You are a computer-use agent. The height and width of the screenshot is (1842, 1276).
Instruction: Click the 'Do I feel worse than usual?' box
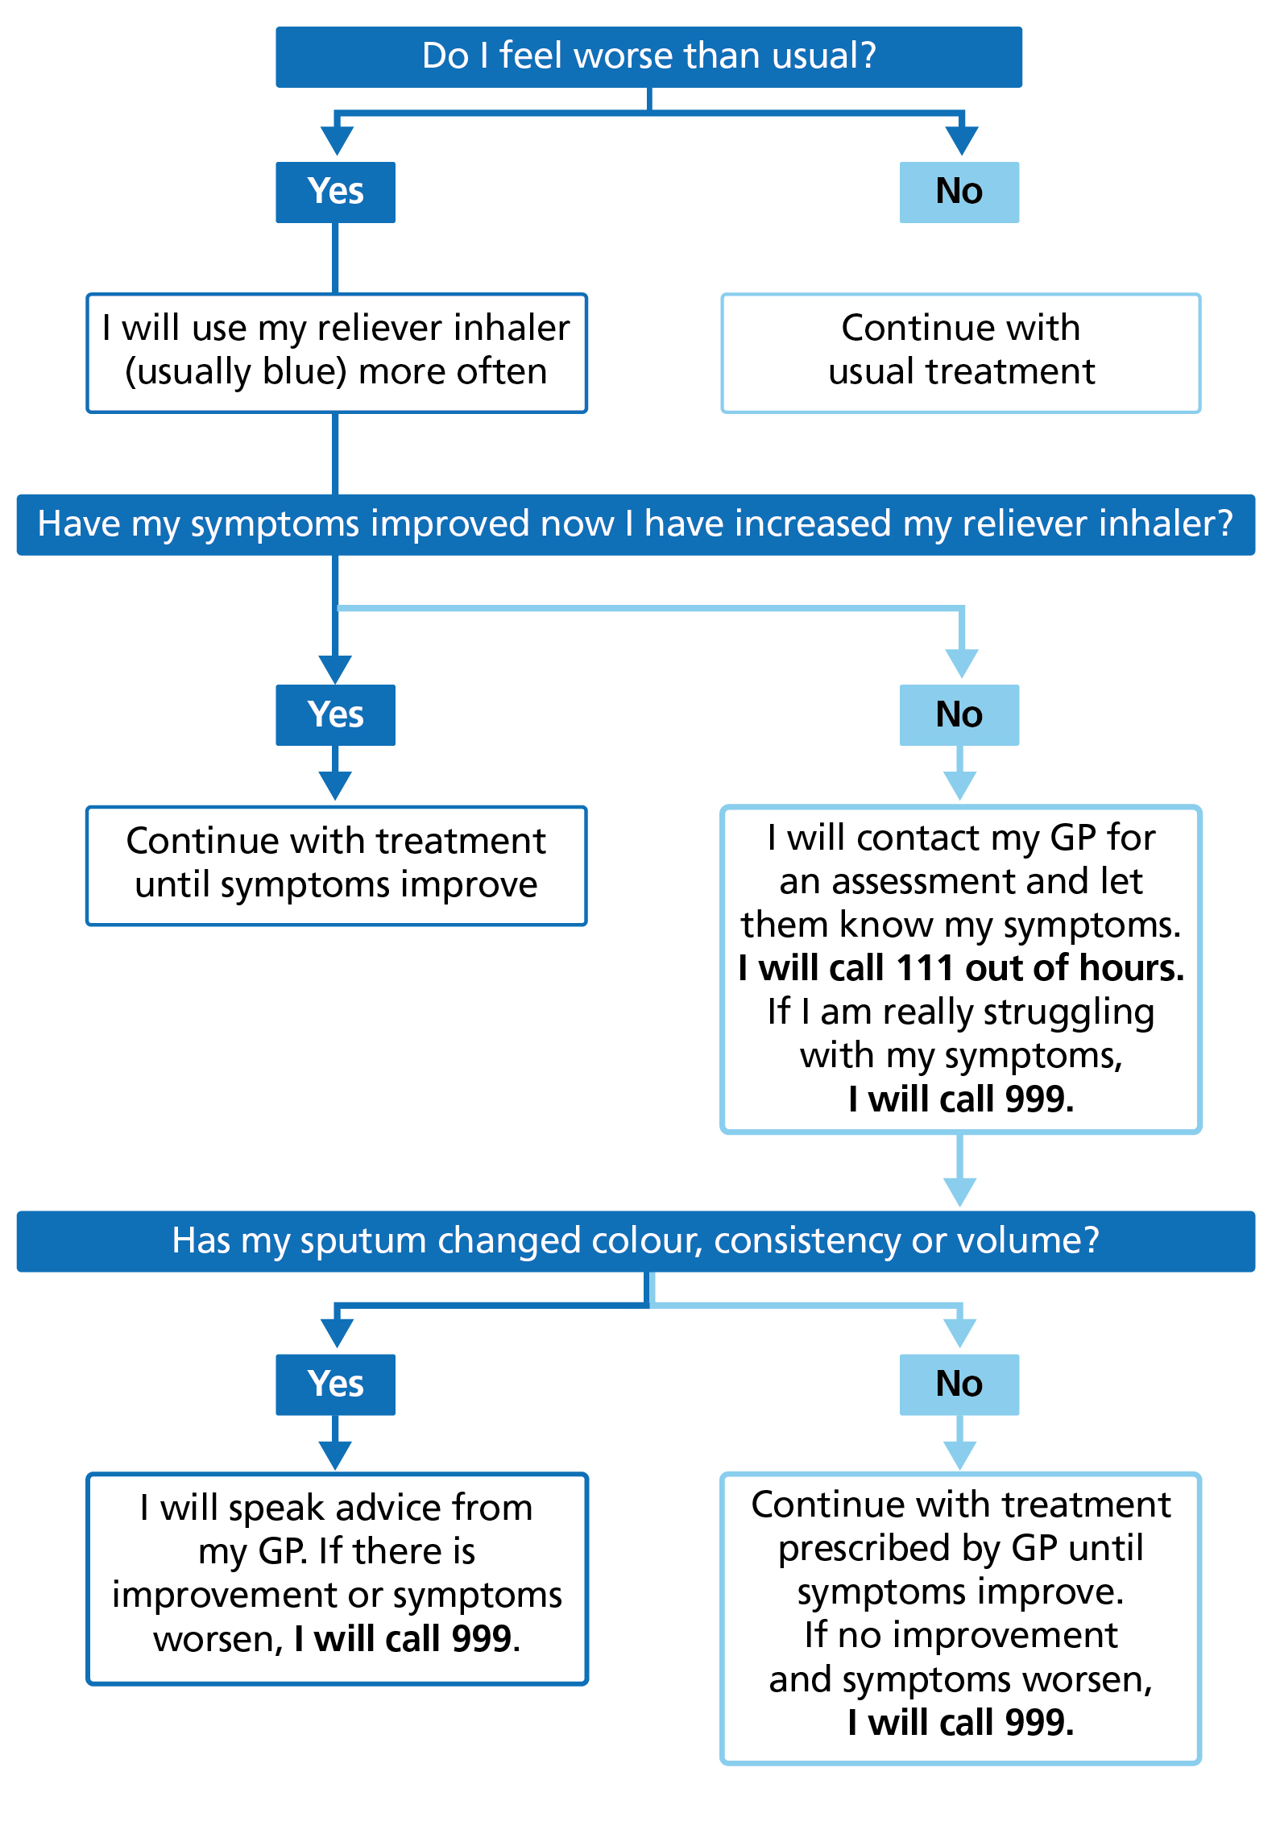tap(648, 56)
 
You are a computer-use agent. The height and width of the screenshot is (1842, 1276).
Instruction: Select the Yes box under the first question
tap(335, 192)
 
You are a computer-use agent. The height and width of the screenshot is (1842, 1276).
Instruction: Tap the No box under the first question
tap(959, 192)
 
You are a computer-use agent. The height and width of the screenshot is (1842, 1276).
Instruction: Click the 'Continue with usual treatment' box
tap(960, 352)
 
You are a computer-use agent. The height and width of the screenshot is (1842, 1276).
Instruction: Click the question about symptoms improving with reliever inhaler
tap(636, 524)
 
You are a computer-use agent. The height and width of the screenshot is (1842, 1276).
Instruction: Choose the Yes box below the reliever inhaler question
tap(335, 714)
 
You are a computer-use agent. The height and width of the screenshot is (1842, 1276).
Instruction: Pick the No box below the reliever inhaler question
tap(959, 714)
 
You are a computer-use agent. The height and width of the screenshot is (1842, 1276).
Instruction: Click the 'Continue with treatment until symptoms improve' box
tap(336, 864)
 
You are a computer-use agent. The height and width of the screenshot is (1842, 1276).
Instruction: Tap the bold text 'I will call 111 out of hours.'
tap(961, 968)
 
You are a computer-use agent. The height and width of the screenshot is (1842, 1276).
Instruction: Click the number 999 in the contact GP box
tap(1038, 1099)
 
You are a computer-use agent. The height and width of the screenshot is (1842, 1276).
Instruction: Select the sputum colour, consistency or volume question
tap(636, 1241)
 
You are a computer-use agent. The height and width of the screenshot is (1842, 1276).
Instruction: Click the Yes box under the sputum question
tap(335, 1384)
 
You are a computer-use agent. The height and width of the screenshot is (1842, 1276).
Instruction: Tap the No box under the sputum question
tap(959, 1384)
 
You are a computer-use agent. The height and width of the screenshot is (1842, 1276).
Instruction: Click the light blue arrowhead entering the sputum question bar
tap(959, 1191)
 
